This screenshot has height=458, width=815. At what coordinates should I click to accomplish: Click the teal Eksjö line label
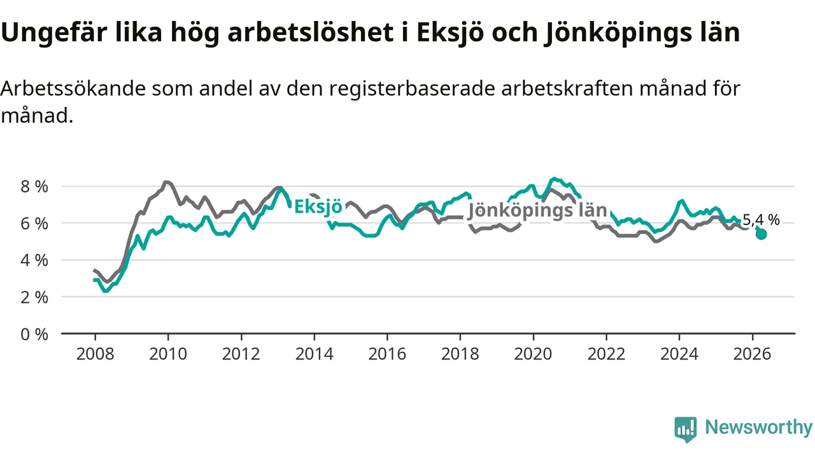pos(318,207)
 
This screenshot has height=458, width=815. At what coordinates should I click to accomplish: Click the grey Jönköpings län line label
pos(537,211)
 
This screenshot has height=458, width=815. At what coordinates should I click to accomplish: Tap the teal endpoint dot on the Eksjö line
pos(761,235)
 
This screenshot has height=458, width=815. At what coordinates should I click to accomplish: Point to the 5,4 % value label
pos(761,220)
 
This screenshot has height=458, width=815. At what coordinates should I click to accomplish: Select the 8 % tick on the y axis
pos(34,186)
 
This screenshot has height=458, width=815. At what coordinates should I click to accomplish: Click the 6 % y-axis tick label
pos(34,223)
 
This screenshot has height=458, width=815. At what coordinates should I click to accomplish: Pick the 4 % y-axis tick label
pos(34,261)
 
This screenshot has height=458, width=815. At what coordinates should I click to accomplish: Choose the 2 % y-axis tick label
pos(34,298)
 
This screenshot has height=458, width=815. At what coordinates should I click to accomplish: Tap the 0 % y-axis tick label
pos(34,335)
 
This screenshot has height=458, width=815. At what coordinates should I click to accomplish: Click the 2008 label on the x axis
pos(96,354)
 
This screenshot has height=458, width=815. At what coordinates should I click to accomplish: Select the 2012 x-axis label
pos(241,354)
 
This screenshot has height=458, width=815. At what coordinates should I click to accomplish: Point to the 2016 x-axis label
pos(387,354)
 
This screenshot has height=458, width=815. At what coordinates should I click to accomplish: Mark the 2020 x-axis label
pos(533,354)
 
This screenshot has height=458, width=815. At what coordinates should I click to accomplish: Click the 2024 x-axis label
pos(679,354)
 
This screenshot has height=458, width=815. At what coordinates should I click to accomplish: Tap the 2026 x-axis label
pos(752,354)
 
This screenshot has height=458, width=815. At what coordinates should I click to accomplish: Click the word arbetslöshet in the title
pos(311,32)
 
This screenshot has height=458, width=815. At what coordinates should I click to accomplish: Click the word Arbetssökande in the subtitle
pos(73,88)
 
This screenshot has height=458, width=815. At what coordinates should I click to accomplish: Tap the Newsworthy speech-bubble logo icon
pos(686,429)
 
